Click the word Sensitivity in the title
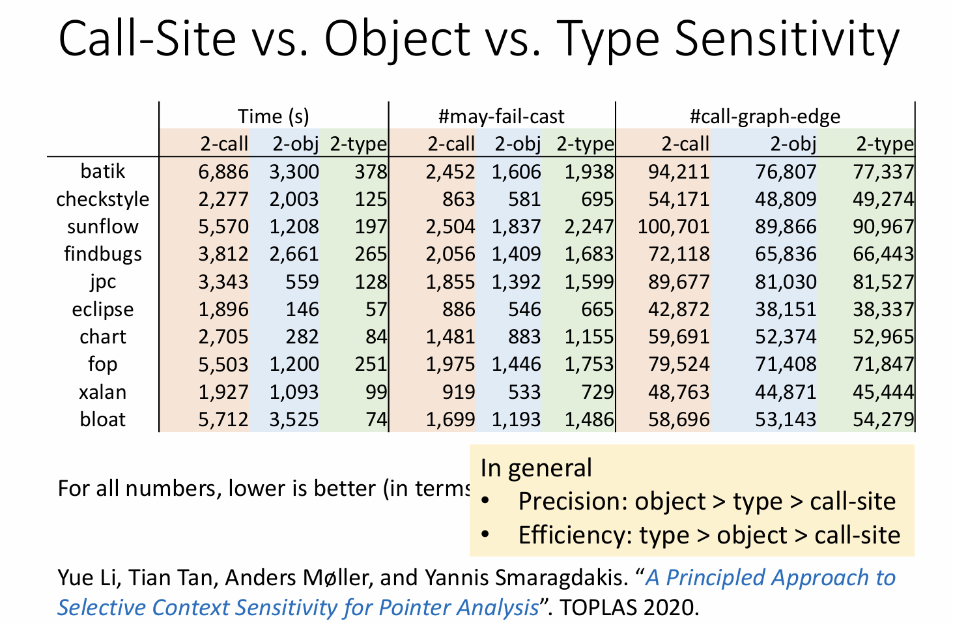click(786, 39)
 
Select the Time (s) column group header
click(273, 116)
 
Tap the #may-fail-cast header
click(501, 116)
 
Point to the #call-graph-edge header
click(765, 116)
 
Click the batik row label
click(103, 171)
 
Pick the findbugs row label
click(103, 254)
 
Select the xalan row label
click(103, 392)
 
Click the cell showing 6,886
click(223, 171)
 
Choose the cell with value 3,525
click(294, 419)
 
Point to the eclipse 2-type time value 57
click(376, 309)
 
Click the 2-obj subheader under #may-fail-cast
click(517, 143)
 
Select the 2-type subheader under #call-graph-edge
click(885, 143)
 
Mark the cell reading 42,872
click(678, 309)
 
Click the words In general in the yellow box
click(536, 468)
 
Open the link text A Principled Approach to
click(771, 577)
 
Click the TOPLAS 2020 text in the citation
click(629, 607)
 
